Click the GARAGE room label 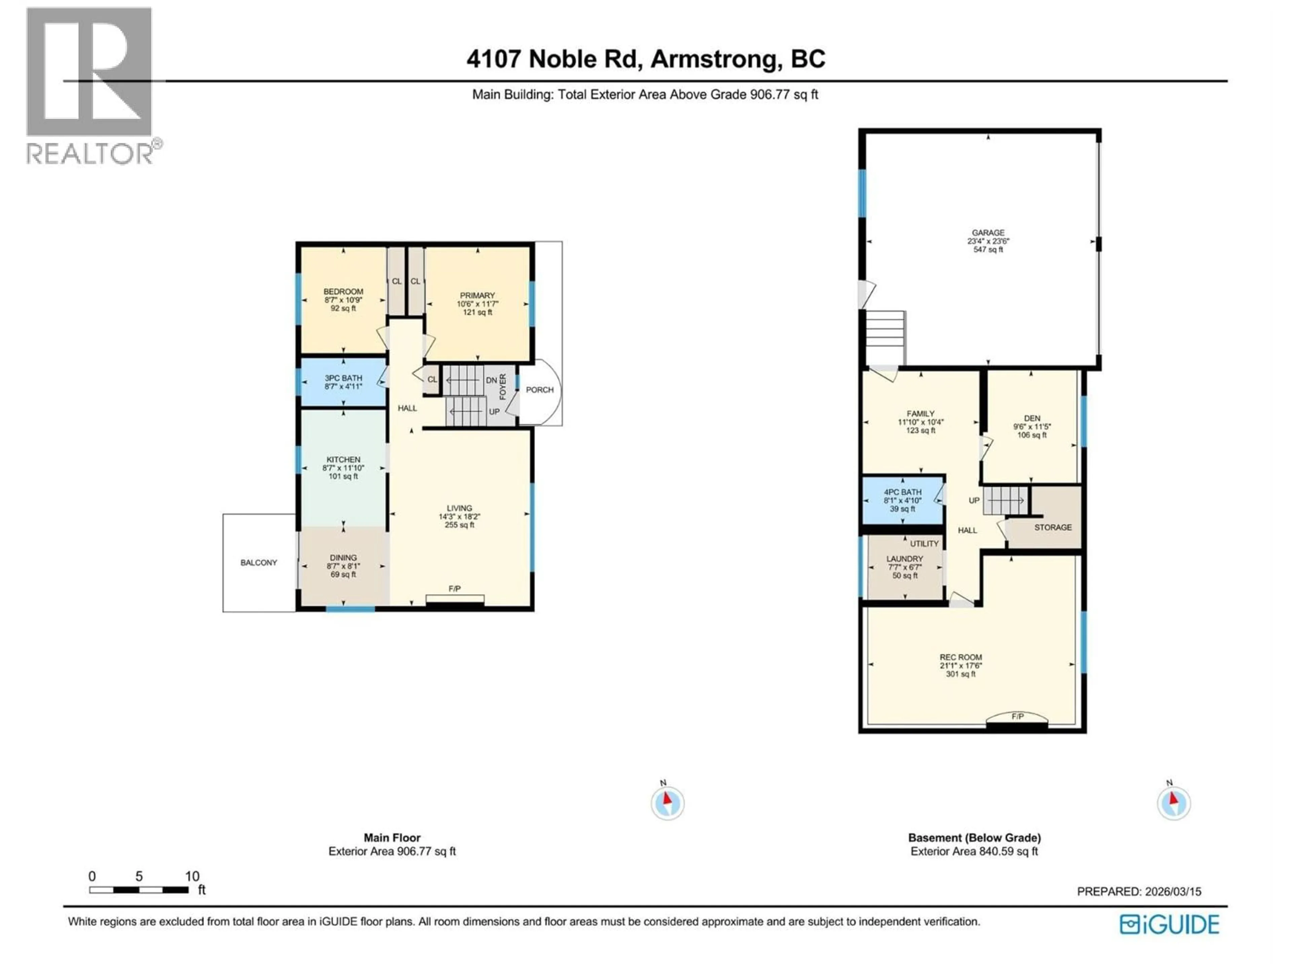coord(988,232)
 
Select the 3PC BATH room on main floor coord(343,382)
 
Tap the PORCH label coord(539,390)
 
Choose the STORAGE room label coord(1052,528)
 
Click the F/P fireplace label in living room coord(455,589)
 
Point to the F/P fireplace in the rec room coord(1017,716)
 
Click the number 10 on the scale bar coord(192,876)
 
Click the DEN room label coord(1032,418)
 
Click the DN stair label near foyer coord(491,380)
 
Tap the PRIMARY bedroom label coord(477,295)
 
